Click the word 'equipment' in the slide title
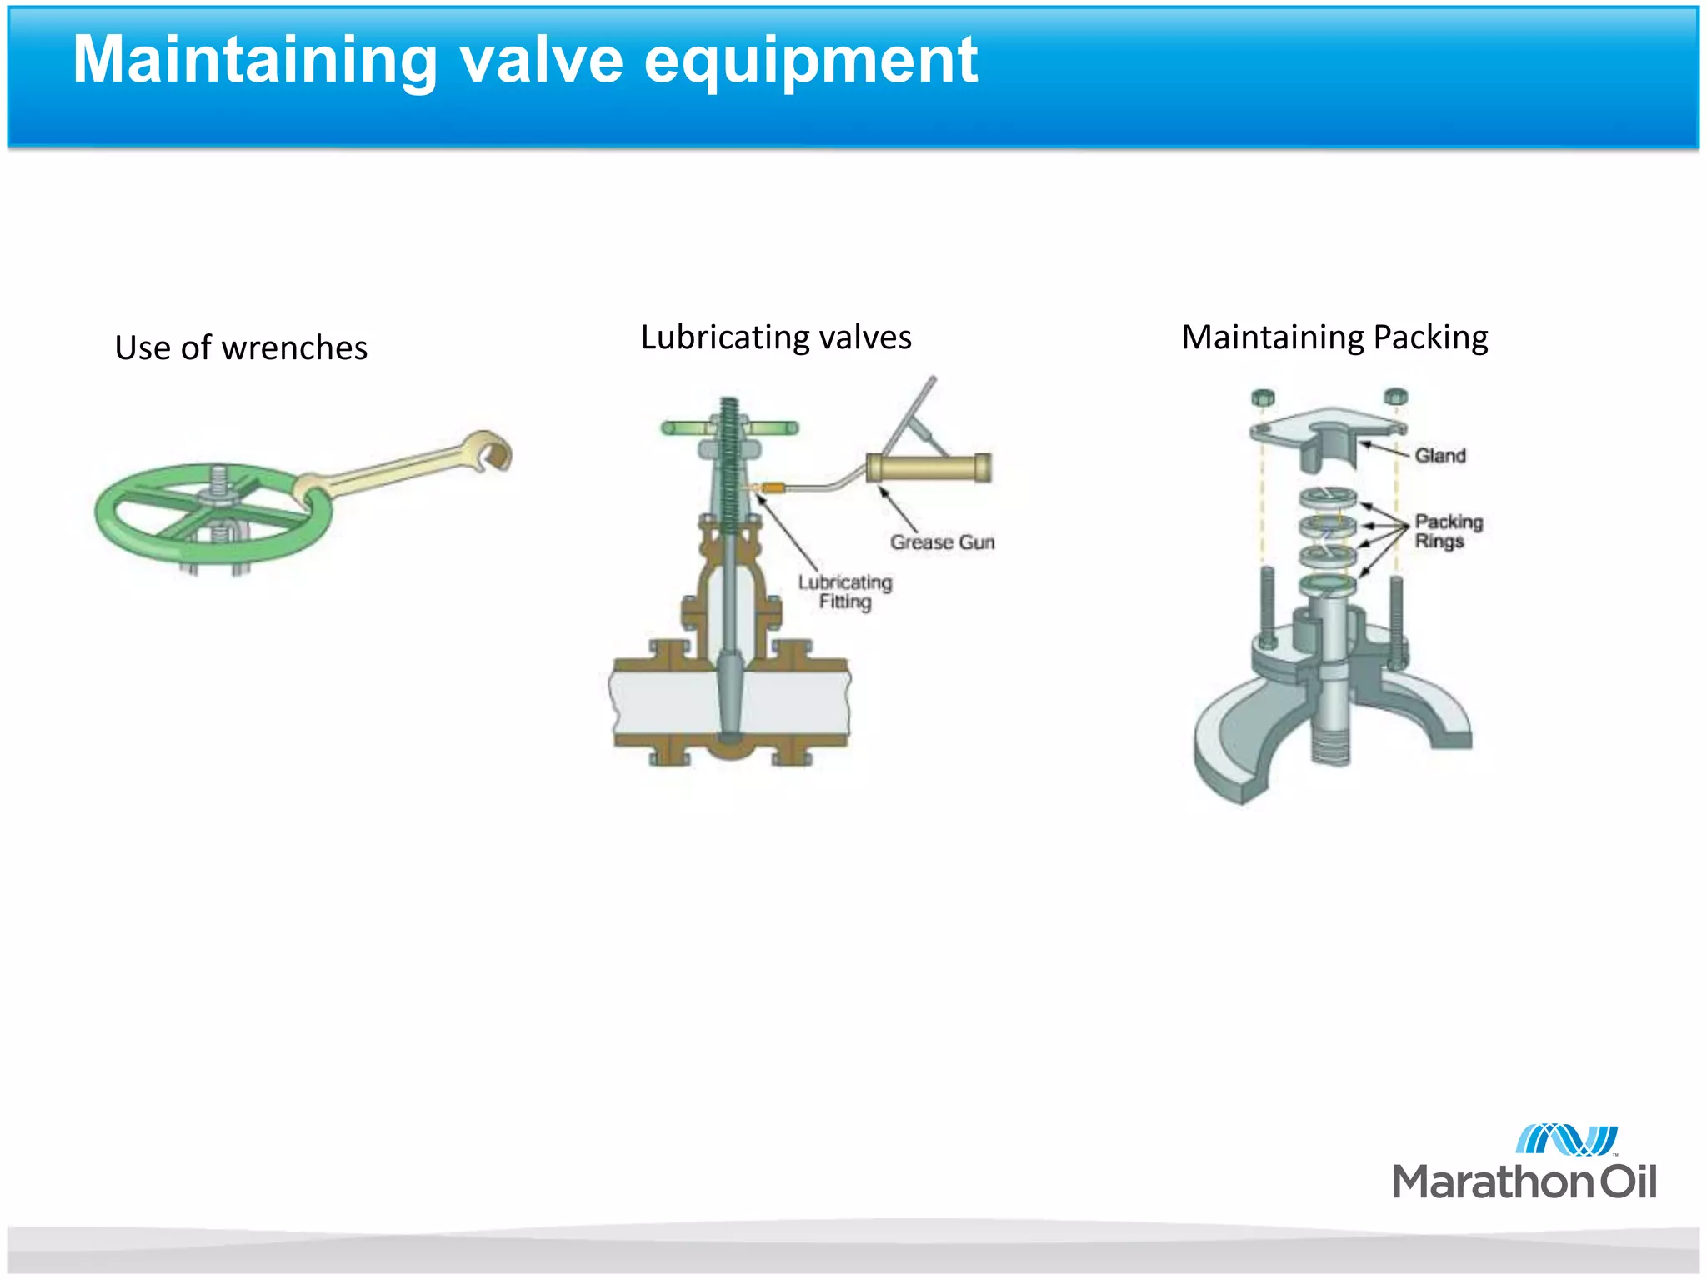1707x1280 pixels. [810, 62]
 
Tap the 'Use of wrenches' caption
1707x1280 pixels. [241, 347]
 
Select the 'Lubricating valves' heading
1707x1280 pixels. [776, 337]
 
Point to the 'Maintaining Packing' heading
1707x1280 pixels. [1334, 337]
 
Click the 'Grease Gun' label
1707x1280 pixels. [942, 542]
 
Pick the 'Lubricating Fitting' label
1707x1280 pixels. [844, 592]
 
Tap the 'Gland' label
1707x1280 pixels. [1439, 456]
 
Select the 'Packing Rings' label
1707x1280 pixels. [1449, 531]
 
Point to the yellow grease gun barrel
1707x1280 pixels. [928, 467]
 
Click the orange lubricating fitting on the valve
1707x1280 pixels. [772, 487]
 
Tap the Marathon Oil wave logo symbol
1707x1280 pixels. [1565, 1140]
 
